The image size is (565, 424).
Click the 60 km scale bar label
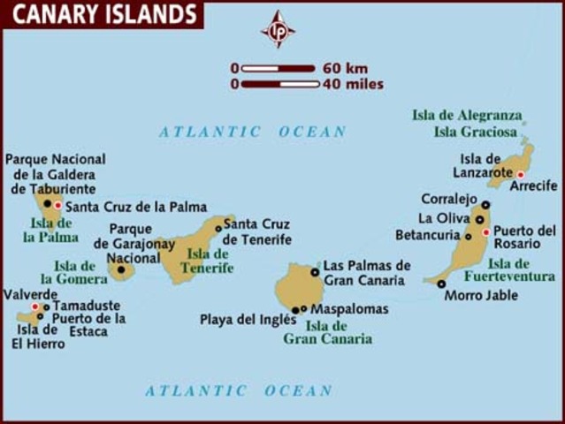point(345,68)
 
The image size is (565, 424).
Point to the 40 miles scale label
point(353,85)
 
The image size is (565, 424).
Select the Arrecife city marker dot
point(521,175)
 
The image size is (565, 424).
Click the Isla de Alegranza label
point(467,116)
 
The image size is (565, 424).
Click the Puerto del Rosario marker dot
point(485,232)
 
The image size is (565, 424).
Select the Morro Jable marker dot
point(441,284)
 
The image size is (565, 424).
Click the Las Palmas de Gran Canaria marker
point(314,272)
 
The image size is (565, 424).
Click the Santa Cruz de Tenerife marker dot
point(218,228)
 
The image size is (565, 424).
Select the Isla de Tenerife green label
point(210,261)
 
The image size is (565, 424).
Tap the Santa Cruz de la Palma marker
point(58,206)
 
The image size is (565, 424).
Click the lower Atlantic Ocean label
point(239,390)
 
